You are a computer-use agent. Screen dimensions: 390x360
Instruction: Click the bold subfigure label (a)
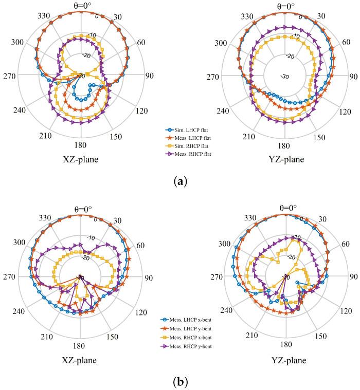click(179, 182)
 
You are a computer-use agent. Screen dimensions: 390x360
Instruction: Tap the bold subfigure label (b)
click(179, 381)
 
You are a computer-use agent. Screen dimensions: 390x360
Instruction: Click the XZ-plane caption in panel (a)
click(79, 159)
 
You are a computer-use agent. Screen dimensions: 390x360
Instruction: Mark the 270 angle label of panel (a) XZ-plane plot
click(9, 76)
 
